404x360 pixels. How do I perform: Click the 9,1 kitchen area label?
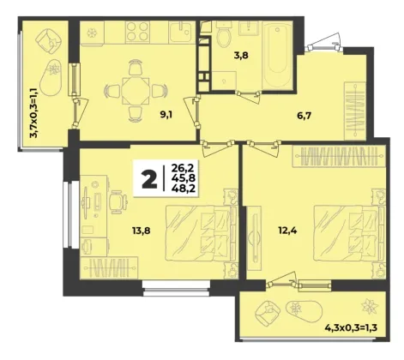point(167,115)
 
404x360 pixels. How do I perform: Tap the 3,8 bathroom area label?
point(241,55)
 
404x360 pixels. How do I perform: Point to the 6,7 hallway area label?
point(304,116)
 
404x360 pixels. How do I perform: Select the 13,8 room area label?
point(141,230)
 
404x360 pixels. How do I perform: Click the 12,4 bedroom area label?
point(287,230)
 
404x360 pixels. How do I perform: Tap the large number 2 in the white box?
point(149,178)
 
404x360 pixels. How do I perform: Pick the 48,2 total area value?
point(184,188)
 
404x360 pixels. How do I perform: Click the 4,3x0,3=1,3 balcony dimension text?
point(351,327)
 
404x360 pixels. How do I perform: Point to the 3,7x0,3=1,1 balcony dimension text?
point(34,113)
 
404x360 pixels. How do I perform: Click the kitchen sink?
point(180,33)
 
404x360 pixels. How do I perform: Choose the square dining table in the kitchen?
point(136,91)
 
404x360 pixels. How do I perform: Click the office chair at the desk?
point(118,202)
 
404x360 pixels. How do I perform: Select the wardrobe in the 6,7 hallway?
point(355,111)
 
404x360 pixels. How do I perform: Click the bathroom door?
point(249,97)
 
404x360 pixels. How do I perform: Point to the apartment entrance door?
point(324,43)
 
